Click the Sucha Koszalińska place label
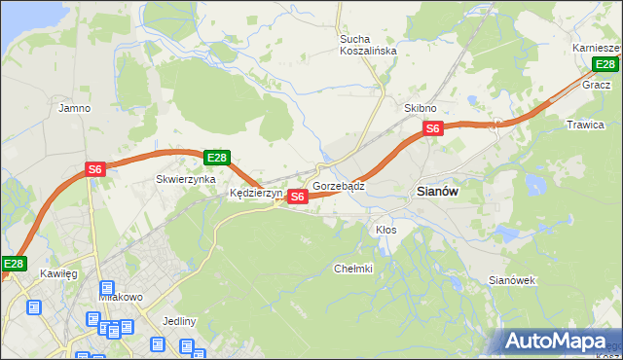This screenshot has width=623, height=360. tap(367, 45)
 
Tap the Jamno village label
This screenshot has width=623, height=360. tap(75, 108)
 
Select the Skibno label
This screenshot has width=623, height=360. tap(421, 108)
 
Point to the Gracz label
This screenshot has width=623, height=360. tap(596, 85)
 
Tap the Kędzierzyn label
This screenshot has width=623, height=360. tap(256, 194)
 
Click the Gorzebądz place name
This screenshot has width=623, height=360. tap(339, 185)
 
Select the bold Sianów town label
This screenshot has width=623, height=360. tap(437, 192)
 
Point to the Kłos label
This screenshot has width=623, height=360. tap(385, 230)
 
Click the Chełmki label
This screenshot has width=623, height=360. tap(353, 269)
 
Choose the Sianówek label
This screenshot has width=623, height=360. tap(512, 280)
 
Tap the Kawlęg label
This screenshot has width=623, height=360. tap(57, 274)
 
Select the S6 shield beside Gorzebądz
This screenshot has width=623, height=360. tap(299, 197)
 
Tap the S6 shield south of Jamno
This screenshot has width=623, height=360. tap(94, 169)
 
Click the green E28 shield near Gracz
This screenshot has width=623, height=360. tap(605, 65)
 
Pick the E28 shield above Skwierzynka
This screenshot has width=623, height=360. tap(216, 158)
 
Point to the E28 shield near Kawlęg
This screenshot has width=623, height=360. tap(14, 264)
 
